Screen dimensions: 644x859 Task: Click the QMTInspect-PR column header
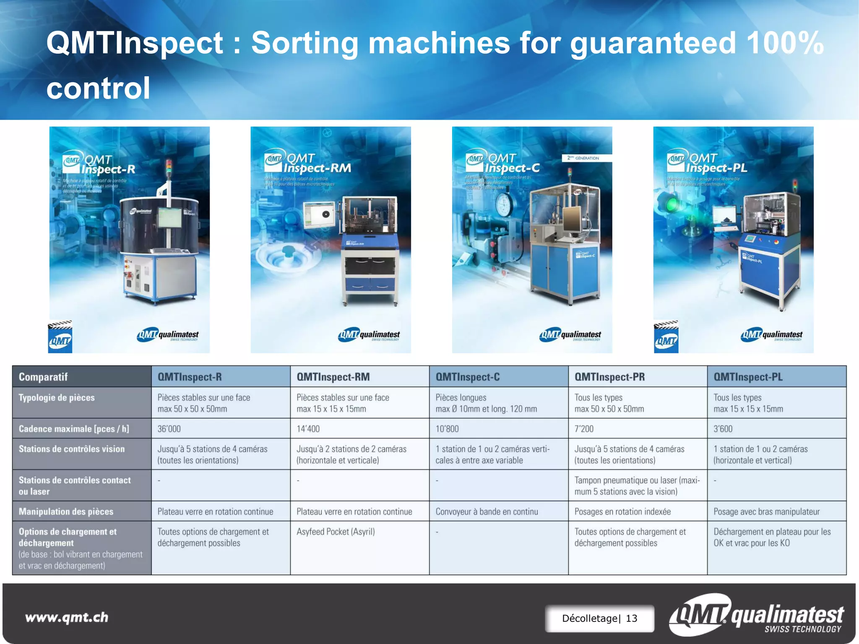tap(609, 377)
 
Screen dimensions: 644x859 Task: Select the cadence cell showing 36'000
tap(169, 429)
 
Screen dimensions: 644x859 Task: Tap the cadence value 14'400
tap(308, 429)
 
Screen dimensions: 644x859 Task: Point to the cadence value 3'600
tap(723, 429)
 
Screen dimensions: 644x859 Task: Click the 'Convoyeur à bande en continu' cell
tap(487, 511)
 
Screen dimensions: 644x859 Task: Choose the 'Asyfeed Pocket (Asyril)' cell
tap(336, 532)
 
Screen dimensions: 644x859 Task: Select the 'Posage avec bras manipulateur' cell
tap(766, 511)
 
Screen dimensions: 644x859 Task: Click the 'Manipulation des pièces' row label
tap(66, 511)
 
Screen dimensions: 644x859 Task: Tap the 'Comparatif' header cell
tap(43, 377)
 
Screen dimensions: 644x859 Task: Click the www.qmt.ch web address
tap(67, 617)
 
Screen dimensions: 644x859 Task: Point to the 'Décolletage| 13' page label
tap(599, 618)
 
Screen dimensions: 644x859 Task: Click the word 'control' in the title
tap(98, 88)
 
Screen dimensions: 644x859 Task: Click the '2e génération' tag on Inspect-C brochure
tap(587, 158)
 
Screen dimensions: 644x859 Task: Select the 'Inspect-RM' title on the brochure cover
tap(317, 168)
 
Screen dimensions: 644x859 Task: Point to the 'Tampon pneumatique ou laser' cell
tap(637, 486)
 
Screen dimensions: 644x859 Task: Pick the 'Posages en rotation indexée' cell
tap(622, 511)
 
